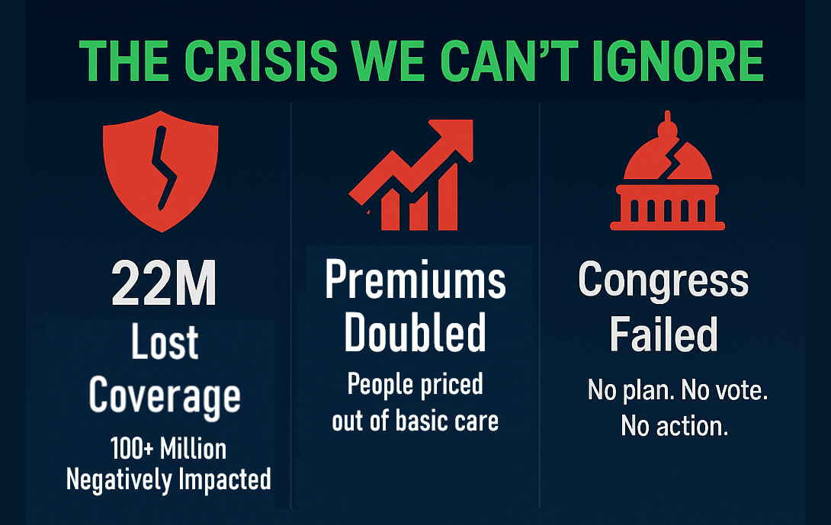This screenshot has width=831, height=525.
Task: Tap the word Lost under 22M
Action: tap(164, 343)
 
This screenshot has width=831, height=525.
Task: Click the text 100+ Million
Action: tap(167, 448)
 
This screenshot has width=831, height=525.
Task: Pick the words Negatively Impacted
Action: tap(168, 479)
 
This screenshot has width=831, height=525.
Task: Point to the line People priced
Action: tap(415, 385)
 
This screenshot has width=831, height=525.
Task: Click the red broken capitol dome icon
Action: tap(666, 175)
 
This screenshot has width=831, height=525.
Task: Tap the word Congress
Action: tap(663, 280)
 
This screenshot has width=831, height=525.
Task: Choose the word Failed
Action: tap(663, 334)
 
